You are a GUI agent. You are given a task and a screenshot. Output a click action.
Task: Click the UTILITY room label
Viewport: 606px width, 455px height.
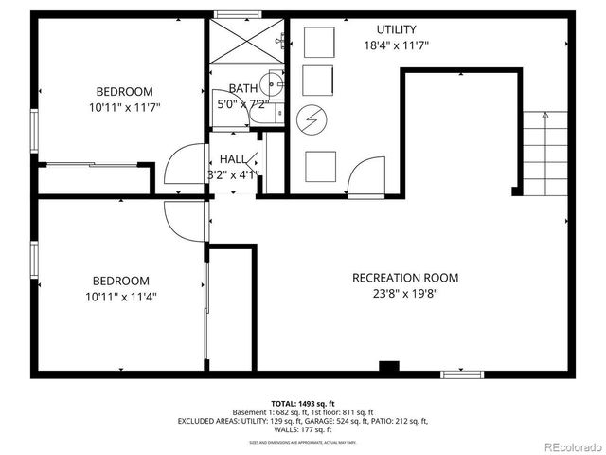[x=396, y=29]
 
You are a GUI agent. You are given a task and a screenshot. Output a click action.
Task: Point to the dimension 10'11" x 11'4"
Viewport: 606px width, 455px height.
[x=120, y=297]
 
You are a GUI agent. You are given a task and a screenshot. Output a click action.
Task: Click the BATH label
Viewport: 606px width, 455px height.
[x=242, y=89]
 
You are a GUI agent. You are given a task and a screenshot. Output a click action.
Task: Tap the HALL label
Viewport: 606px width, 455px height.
[x=233, y=159]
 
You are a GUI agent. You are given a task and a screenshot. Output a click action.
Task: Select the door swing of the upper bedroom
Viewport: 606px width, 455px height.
[x=180, y=169]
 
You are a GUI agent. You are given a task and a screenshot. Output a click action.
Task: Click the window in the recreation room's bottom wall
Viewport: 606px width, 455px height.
[x=462, y=374]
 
